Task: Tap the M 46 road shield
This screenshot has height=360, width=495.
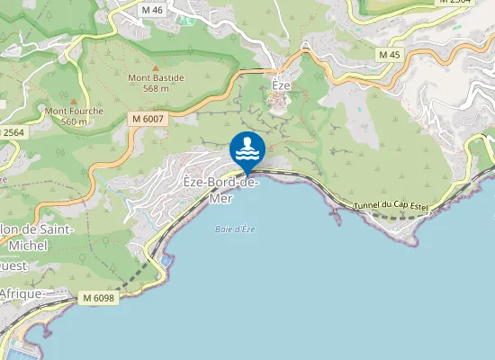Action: click(152, 10)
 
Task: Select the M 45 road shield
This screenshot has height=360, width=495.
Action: click(389, 55)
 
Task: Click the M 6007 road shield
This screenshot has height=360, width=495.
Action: click(147, 118)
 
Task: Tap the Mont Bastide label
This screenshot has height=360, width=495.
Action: click(156, 78)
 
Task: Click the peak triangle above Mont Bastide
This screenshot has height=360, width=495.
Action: click(156, 67)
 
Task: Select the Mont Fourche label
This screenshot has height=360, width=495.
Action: click(75, 111)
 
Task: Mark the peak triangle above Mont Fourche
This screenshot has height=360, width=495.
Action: click(75, 101)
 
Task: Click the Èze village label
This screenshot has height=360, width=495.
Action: click(282, 85)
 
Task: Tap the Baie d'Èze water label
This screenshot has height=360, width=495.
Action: click(235, 229)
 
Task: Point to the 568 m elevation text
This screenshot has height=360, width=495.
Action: click(156, 88)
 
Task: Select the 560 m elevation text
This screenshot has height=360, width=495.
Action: click(75, 121)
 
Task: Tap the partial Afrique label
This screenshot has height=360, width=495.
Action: click(20, 293)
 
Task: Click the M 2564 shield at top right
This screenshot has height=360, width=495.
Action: click(455, 3)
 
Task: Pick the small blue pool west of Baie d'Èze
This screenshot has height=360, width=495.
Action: click(167, 260)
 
